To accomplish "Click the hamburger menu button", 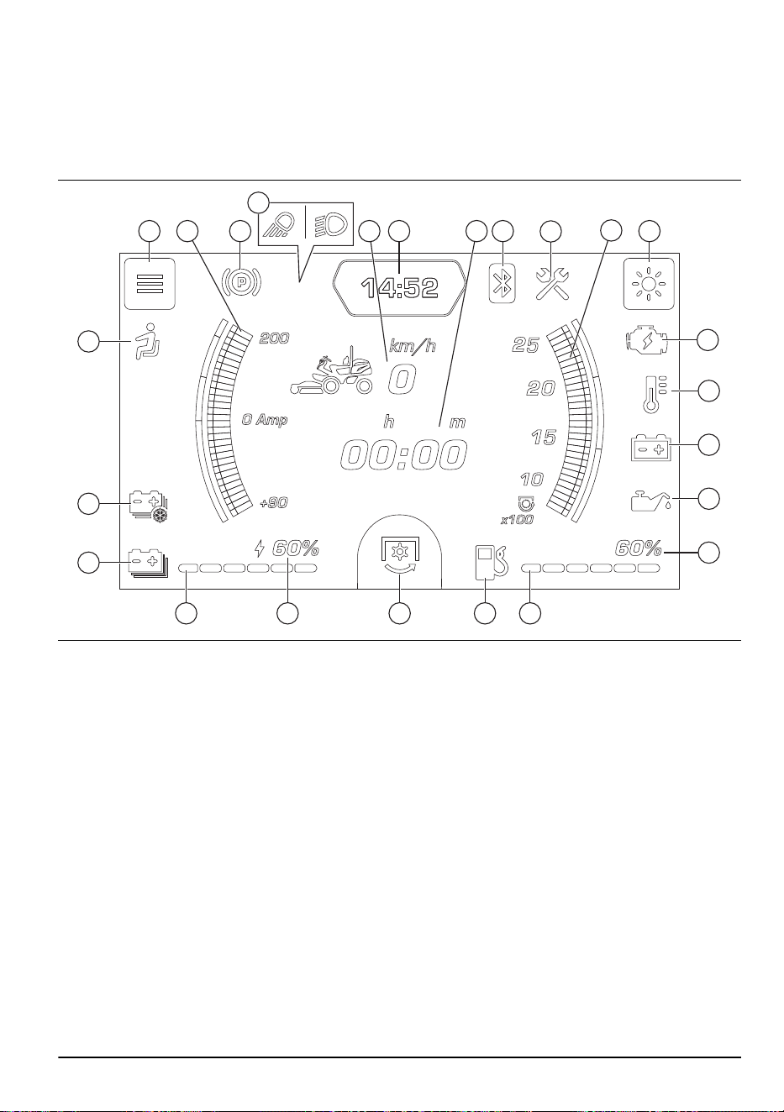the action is point(150,284).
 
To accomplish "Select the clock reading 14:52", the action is point(400,288).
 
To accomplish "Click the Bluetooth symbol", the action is point(502,284).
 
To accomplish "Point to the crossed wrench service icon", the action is point(552,284).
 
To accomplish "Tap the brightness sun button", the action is point(649,284).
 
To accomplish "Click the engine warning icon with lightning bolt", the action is point(646,340).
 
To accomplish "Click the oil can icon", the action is point(650,500).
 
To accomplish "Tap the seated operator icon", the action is point(147,341).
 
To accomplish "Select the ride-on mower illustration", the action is point(331,371).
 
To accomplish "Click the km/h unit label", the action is point(413,345).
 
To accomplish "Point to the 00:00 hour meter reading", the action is point(403,455).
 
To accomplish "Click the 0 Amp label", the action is point(265,420).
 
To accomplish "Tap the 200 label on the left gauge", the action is point(274,338).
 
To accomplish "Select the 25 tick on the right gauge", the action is point(526,344).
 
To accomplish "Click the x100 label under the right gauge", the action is point(517,520).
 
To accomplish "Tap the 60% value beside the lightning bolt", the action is point(296,548).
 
